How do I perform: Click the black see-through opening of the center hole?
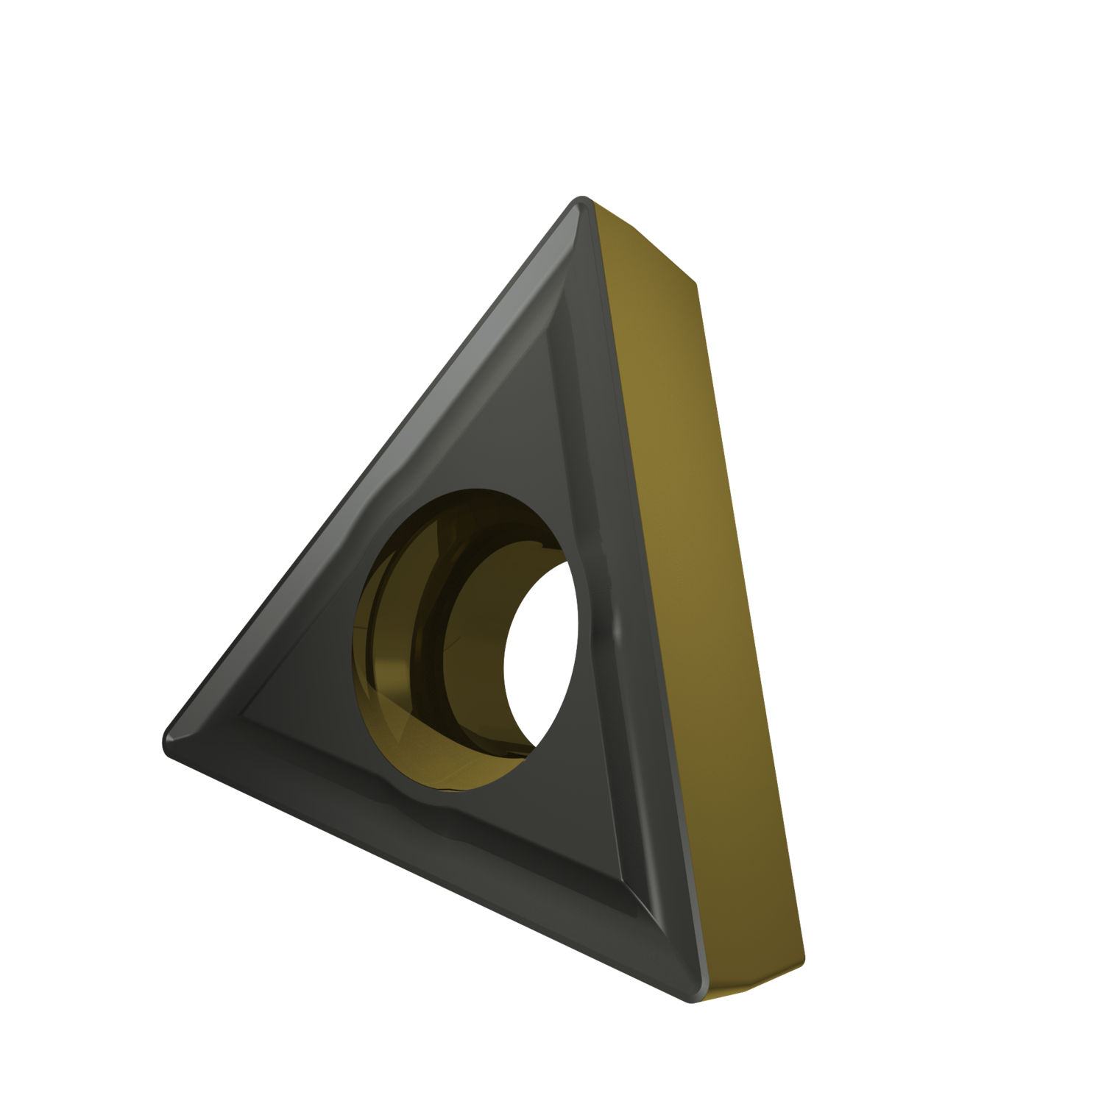click(541, 655)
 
